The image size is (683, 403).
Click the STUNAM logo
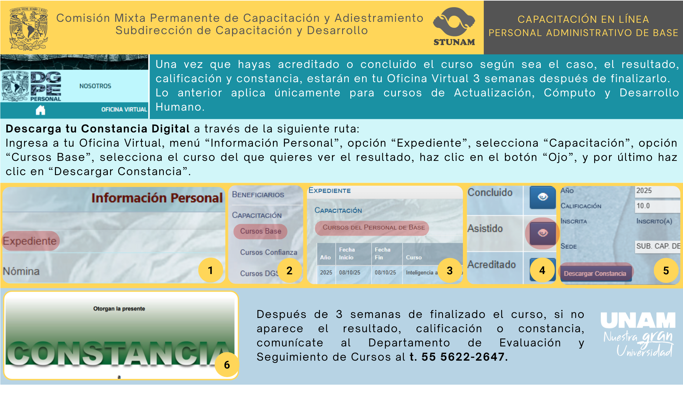[x=454, y=27]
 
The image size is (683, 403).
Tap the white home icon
[x=40, y=110]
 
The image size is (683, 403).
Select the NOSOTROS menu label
[x=95, y=86]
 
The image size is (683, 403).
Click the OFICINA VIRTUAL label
[x=124, y=109]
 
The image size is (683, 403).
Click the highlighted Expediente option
[x=30, y=241]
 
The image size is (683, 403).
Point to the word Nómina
[x=21, y=271]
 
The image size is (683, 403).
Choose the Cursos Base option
[x=260, y=231]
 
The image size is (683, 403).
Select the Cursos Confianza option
[x=268, y=252]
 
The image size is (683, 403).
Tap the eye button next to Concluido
[x=543, y=197]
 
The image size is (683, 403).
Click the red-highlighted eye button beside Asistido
[x=543, y=233]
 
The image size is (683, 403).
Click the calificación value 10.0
[x=643, y=206]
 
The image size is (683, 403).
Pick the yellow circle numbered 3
[x=450, y=270]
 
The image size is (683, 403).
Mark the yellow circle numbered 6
[x=227, y=365]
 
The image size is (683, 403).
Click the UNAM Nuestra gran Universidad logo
[x=638, y=334]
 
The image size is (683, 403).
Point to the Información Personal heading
[x=157, y=198]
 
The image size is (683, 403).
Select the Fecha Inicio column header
[x=347, y=253]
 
